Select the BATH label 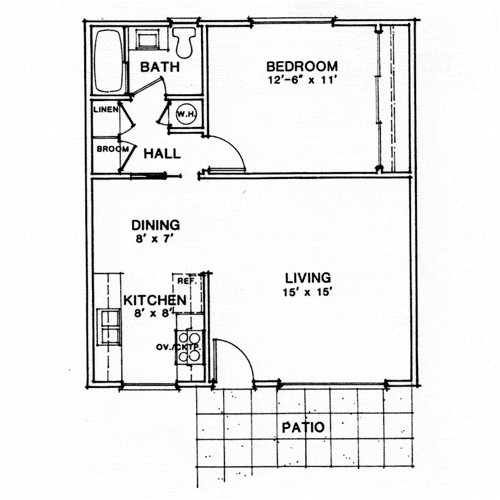click(158, 67)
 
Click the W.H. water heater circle click(185, 114)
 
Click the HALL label click(161, 154)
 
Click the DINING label click(154, 224)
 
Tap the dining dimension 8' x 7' click(154, 240)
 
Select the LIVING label click(307, 277)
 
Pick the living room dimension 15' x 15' click(307, 292)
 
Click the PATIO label click(303, 427)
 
